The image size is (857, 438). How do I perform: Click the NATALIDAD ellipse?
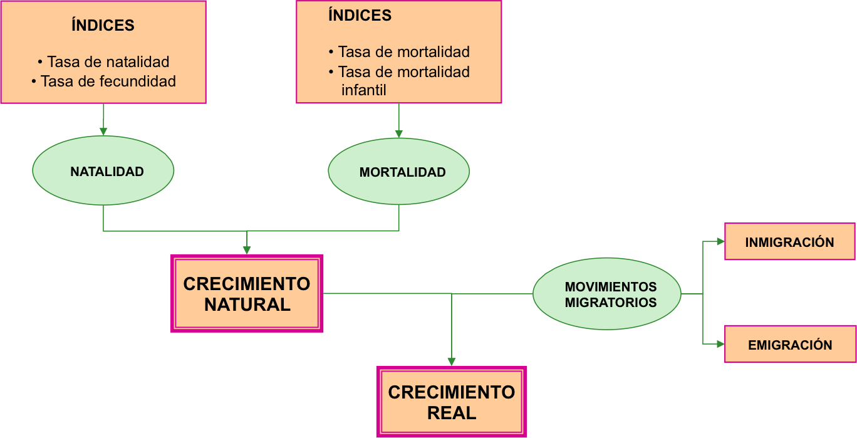(x=103, y=171)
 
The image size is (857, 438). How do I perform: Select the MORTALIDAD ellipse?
(x=399, y=172)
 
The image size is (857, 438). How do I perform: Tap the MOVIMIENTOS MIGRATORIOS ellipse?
(x=606, y=294)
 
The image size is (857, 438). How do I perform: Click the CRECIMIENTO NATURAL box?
(x=247, y=293)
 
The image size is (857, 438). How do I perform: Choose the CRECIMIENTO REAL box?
(x=451, y=402)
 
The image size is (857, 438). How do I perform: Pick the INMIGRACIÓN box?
(x=789, y=242)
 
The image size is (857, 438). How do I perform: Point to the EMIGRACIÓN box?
(x=789, y=344)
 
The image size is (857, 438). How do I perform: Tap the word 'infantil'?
(x=363, y=90)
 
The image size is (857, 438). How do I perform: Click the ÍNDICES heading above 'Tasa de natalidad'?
(x=103, y=26)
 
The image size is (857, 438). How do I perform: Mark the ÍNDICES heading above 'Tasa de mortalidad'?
(x=360, y=16)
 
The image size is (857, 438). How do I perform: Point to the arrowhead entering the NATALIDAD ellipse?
(x=103, y=132)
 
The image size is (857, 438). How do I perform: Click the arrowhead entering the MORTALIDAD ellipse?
(x=398, y=133)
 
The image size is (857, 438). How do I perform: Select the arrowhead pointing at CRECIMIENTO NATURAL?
(x=247, y=250)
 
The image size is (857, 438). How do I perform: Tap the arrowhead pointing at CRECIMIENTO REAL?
(x=451, y=361)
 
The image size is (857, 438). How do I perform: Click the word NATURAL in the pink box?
(x=247, y=305)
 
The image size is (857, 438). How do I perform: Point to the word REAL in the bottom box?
(x=451, y=414)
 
